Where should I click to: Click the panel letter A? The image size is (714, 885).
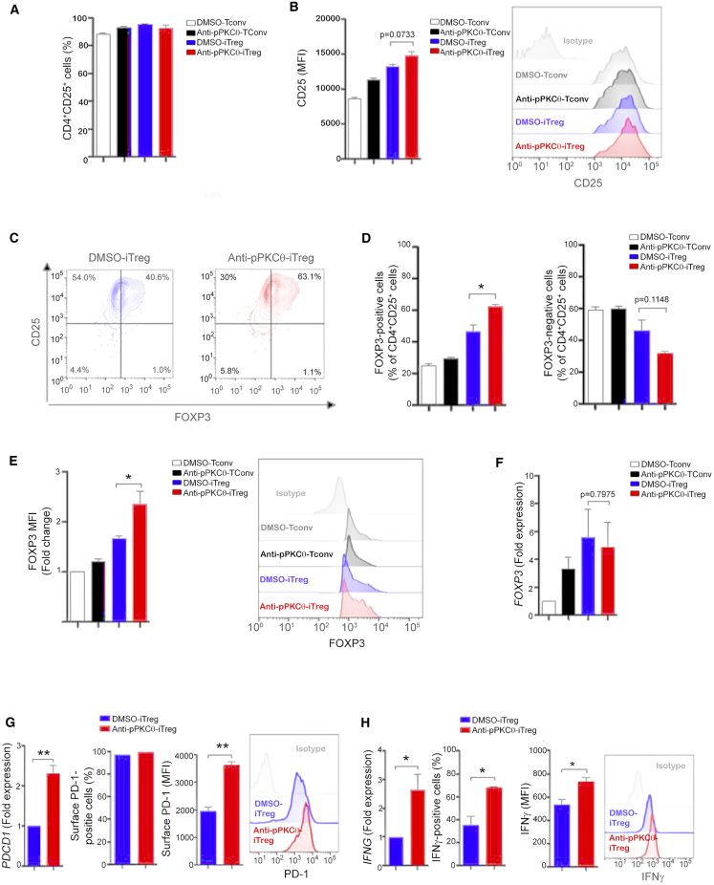[x=11, y=11]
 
